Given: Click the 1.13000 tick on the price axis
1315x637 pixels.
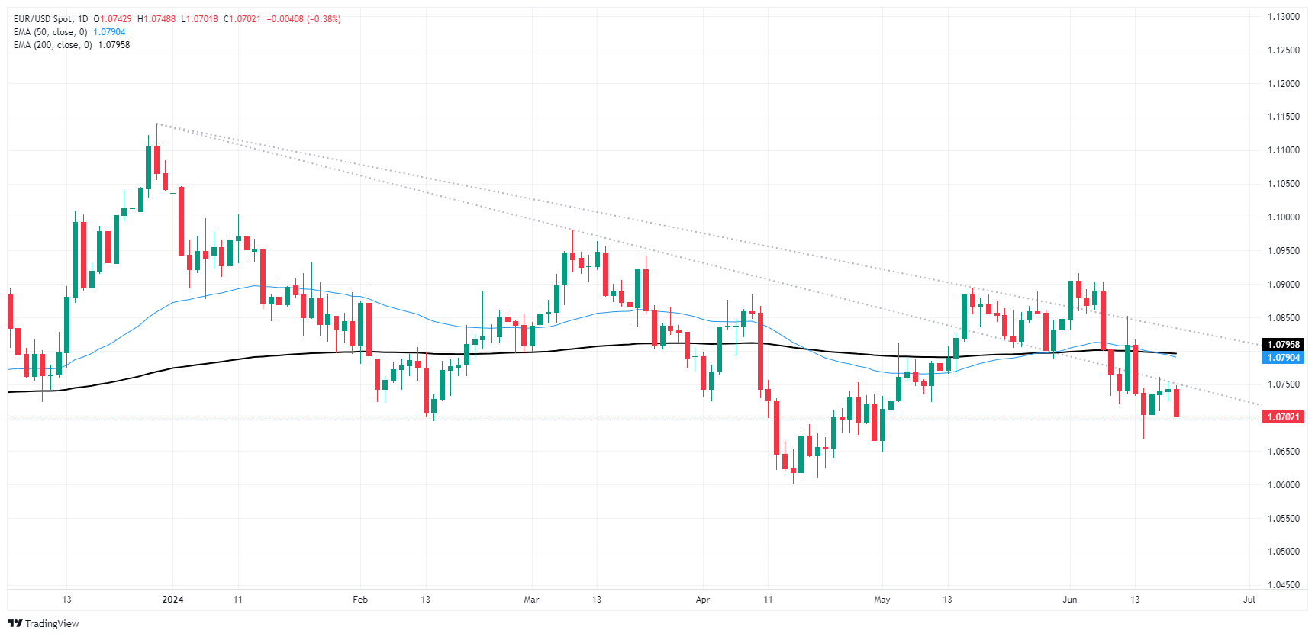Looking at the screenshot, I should [1283, 17].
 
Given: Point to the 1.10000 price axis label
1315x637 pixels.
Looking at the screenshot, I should [1283, 217].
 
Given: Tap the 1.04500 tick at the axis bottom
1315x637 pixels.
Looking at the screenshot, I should [1283, 585].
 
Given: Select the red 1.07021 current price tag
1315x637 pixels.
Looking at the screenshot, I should [1283, 417].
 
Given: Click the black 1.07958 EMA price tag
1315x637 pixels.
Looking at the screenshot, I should [1283, 345].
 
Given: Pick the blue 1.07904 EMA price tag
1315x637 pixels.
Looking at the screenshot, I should [1283, 358].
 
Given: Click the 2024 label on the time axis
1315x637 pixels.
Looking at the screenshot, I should [173, 600].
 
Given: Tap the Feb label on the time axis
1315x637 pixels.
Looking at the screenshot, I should [360, 600].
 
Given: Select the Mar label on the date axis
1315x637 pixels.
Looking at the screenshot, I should [531, 600].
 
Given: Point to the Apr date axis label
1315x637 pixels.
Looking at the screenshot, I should [703, 600].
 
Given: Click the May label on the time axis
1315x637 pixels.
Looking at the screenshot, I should [882, 600].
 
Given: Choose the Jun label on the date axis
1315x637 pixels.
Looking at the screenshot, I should [1070, 600].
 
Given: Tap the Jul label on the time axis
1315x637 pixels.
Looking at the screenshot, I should [1249, 600].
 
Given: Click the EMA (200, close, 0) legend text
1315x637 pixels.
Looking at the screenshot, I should [53, 45].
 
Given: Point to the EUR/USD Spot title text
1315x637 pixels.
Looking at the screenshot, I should [40, 19].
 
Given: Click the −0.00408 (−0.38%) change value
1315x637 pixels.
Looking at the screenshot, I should [304, 19].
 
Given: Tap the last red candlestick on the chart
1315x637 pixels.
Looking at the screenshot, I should [1177, 403].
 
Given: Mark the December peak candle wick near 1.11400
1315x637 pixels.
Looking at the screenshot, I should [156, 134].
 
